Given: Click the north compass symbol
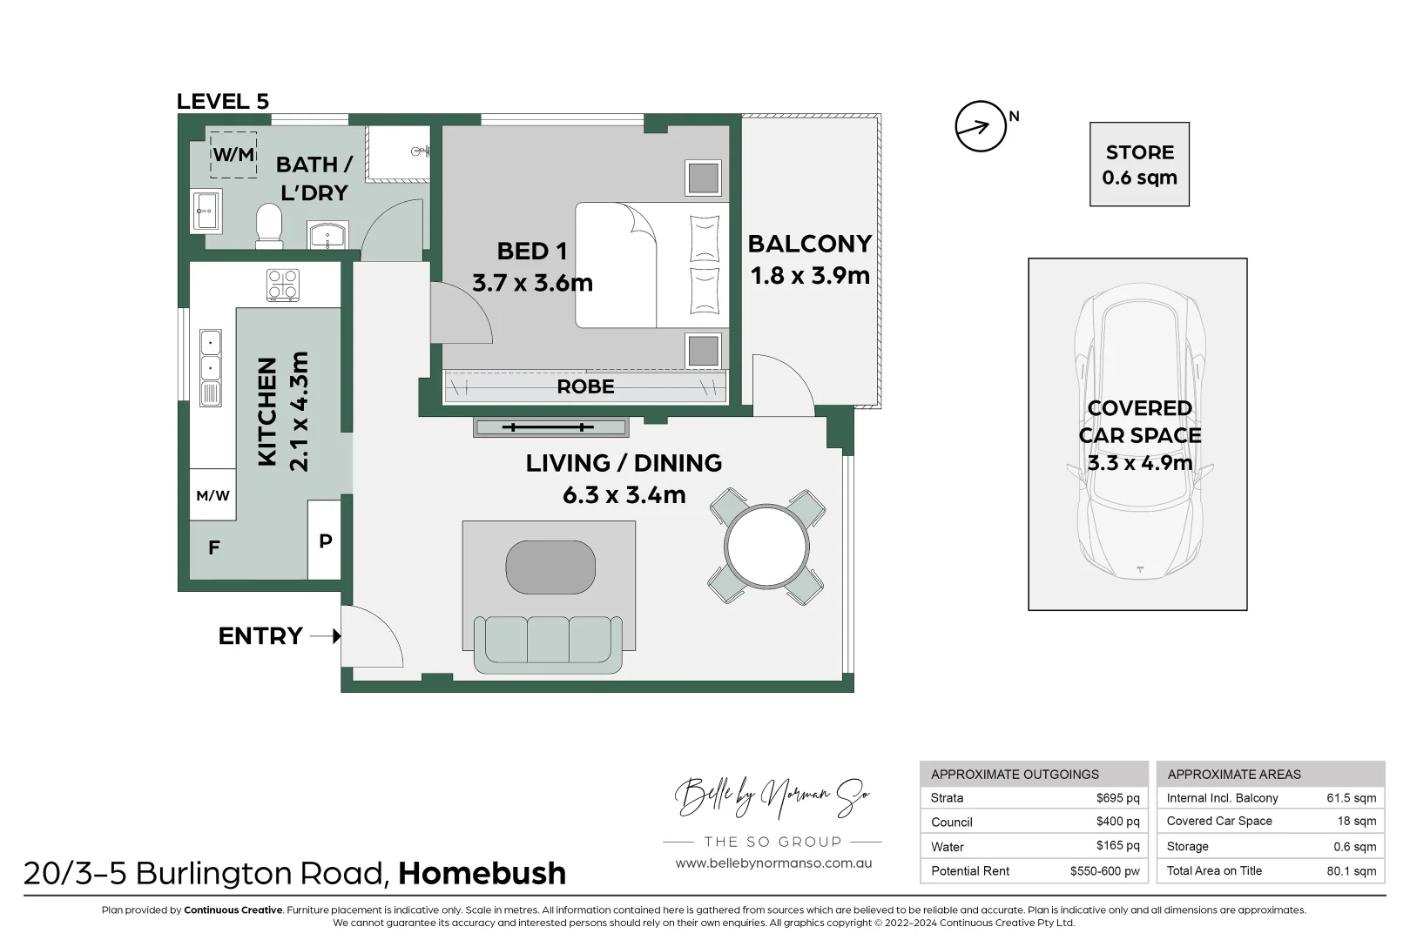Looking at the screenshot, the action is [981, 126].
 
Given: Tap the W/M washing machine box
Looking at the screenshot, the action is [233, 155].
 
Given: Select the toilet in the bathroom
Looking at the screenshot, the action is [269, 225].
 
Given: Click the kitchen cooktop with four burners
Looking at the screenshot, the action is [283, 285].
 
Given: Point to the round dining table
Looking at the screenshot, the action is [766, 546].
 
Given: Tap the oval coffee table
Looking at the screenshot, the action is [550, 567].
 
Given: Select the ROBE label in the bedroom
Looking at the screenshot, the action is [585, 386].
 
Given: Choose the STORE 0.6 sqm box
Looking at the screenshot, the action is [1139, 164].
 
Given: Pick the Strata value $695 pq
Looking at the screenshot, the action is [1117, 798].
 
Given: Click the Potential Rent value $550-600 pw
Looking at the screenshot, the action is [1104, 870].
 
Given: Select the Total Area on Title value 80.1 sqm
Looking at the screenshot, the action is [1352, 870].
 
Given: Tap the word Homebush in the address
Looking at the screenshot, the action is [482, 873].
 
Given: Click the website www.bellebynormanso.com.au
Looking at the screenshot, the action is [773, 863].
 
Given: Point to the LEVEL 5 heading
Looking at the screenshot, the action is [223, 101].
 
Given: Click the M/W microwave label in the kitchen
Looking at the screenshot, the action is [213, 496].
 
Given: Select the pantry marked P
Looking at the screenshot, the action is [325, 540].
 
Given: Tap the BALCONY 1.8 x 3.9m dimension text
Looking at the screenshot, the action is [810, 276].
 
